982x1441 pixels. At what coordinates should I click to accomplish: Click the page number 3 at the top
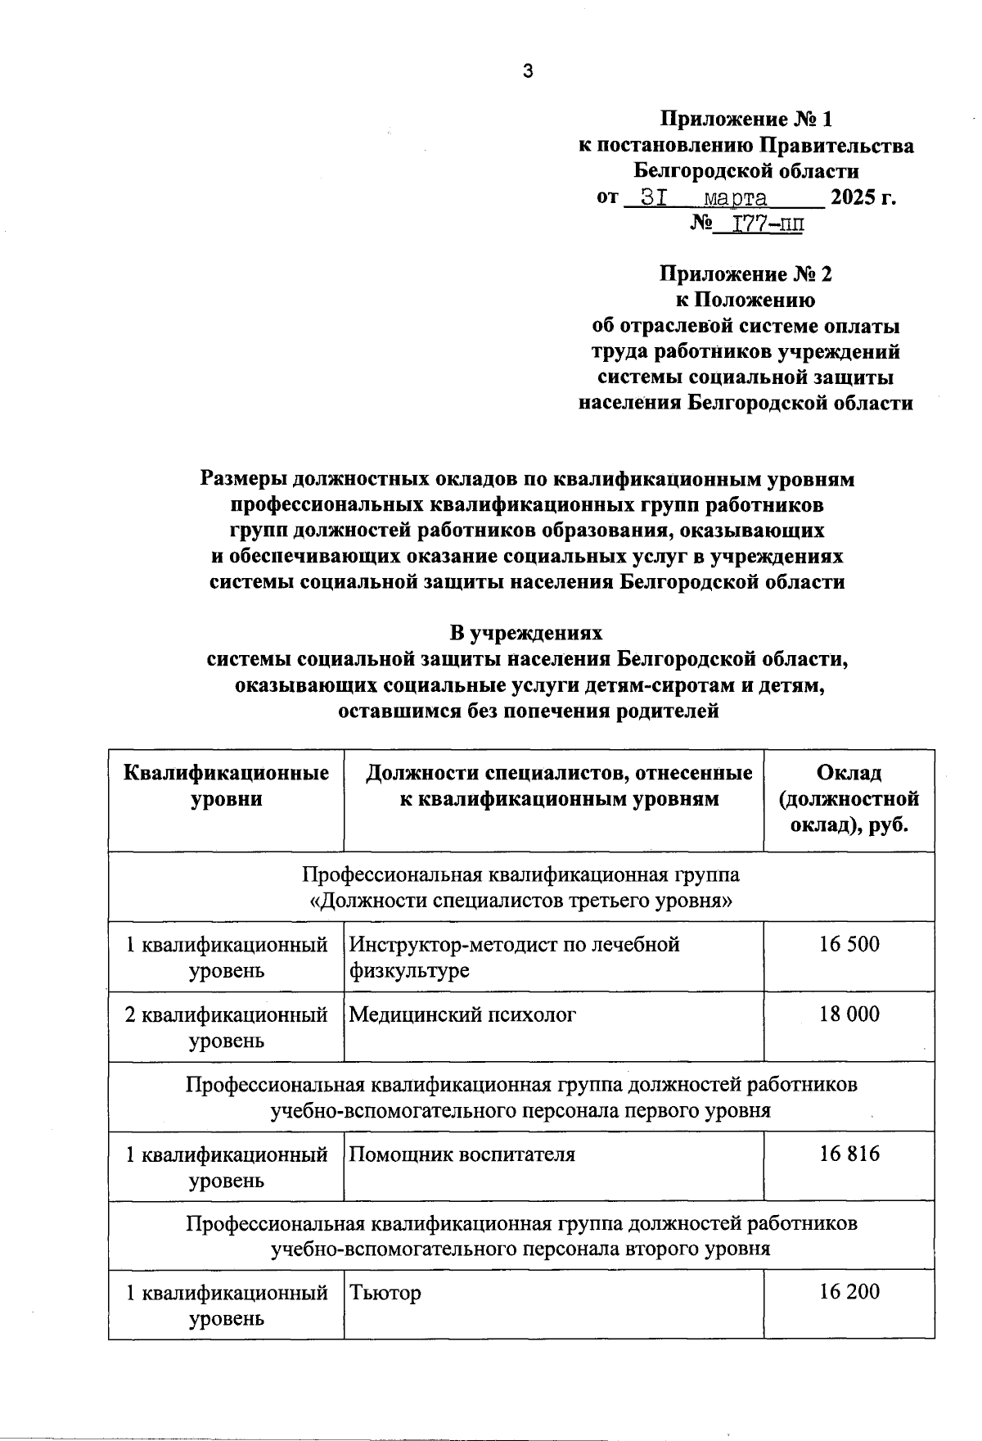tap(528, 71)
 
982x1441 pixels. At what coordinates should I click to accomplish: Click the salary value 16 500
tap(849, 944)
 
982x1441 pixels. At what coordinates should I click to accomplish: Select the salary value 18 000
tap(849, 1014)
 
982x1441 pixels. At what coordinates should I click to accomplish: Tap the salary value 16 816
tap(849, 1154)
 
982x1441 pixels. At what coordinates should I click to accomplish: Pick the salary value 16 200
tap(849, 1292)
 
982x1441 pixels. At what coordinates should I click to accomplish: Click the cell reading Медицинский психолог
tap(462, 1014)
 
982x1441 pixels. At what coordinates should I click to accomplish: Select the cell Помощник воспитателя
tap(462, 1154)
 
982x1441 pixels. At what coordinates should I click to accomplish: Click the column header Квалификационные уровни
tap(226, 785)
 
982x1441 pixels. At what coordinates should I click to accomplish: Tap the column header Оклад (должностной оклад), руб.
tap(849, 798)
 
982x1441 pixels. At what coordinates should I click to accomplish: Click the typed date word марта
tap(736, 198)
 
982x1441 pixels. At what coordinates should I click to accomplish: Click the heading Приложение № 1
tap(746, 120)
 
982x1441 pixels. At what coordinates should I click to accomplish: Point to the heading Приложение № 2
tap(746, 273)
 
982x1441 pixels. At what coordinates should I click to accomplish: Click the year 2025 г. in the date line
tap(863, 198)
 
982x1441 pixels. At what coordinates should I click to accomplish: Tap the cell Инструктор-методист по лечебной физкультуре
tap(514, 957)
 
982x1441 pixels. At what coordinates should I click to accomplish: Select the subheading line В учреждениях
tap(526, 633)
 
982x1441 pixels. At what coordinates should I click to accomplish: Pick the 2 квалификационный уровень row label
tap(226, 1027)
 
